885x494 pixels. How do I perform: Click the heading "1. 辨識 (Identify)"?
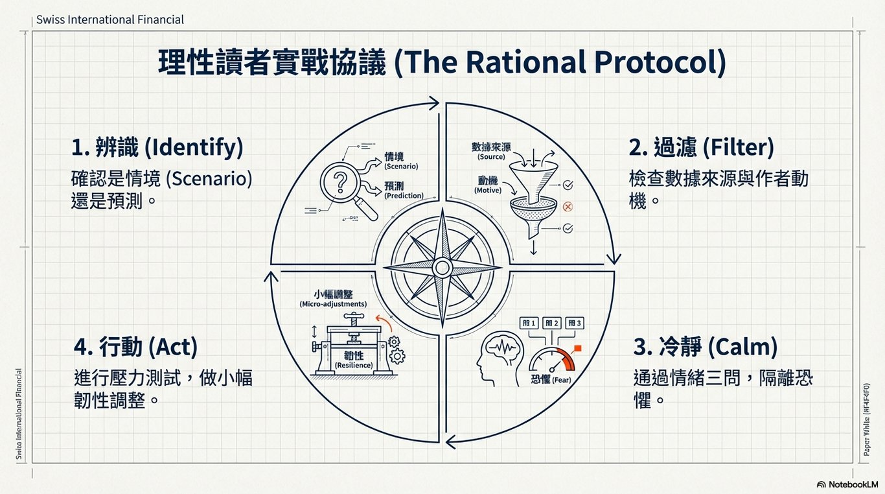[x=157, y=148]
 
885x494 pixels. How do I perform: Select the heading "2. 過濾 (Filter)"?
[x=701, y=148]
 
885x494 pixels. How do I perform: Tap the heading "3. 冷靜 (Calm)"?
[x=705, y=347]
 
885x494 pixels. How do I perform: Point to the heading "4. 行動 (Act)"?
[x=135, y=347]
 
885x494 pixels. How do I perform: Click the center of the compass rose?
[x=442, y=267]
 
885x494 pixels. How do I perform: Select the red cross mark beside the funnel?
[x=568, y=207]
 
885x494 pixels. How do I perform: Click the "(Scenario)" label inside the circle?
[x=401, y=167]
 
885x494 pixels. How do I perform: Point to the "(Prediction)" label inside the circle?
[x=404, y=195]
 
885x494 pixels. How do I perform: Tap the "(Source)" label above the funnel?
[x=491, y=157]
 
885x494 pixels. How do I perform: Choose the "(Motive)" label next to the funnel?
[x=488, y=191]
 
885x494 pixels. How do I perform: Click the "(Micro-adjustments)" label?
[x=333, y=304]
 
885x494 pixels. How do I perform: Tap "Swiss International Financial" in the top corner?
[x=110, y=19]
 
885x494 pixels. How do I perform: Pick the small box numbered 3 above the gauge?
[x=575, y=323]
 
